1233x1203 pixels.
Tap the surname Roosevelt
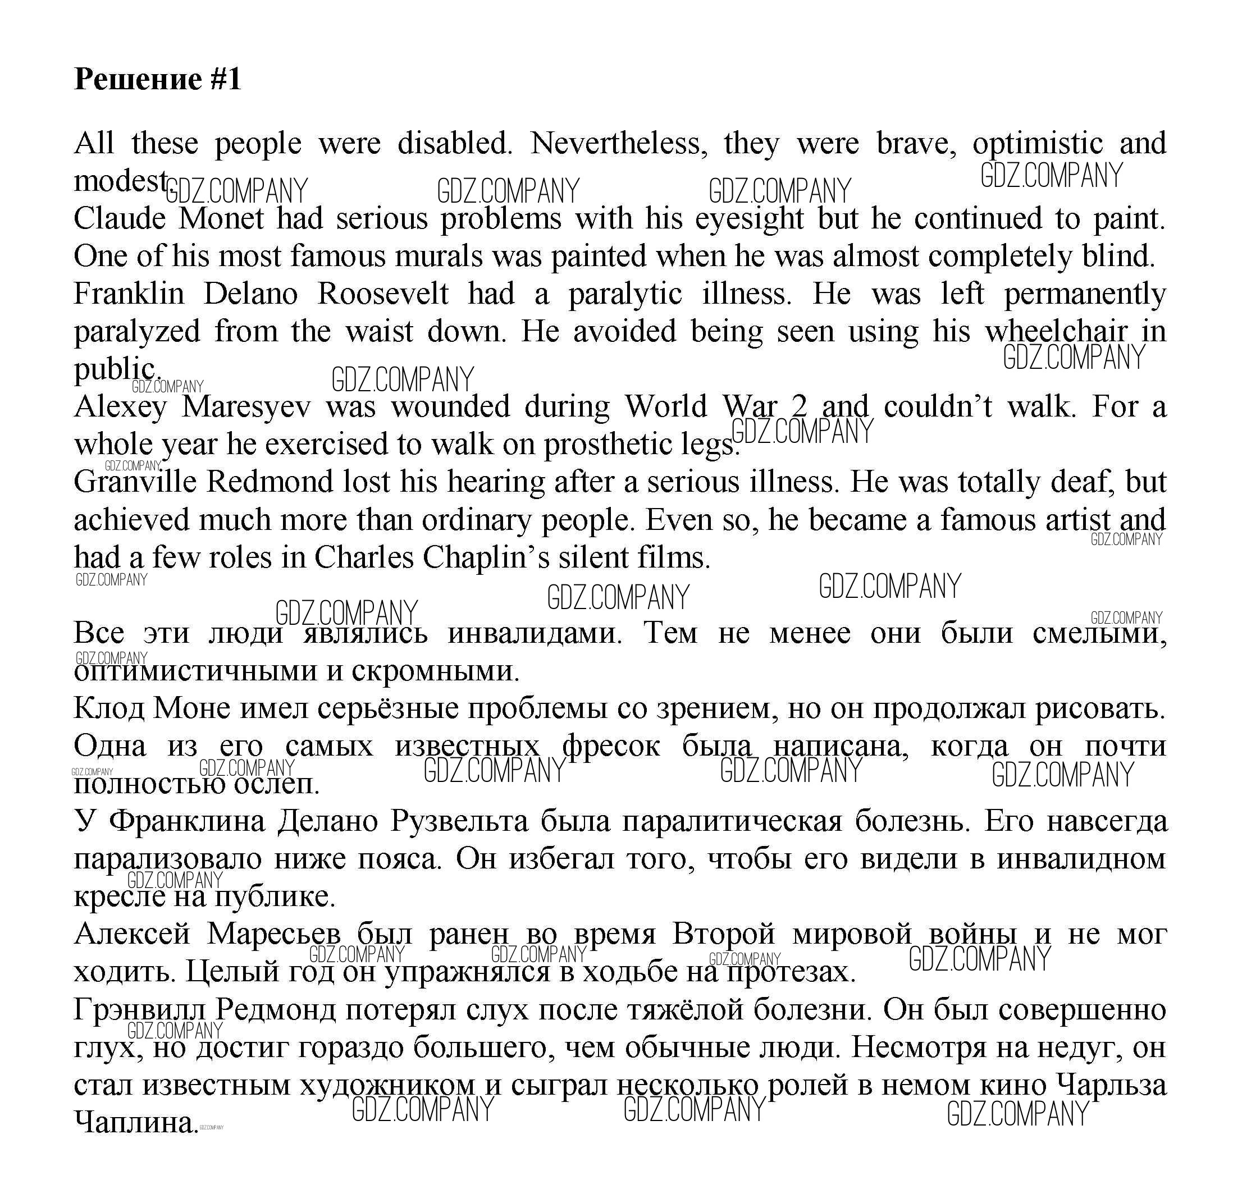(382, 294)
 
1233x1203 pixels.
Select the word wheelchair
(1056, 332)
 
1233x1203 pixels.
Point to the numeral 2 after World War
(799, 406)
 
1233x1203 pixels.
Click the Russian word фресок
(610, 747)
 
